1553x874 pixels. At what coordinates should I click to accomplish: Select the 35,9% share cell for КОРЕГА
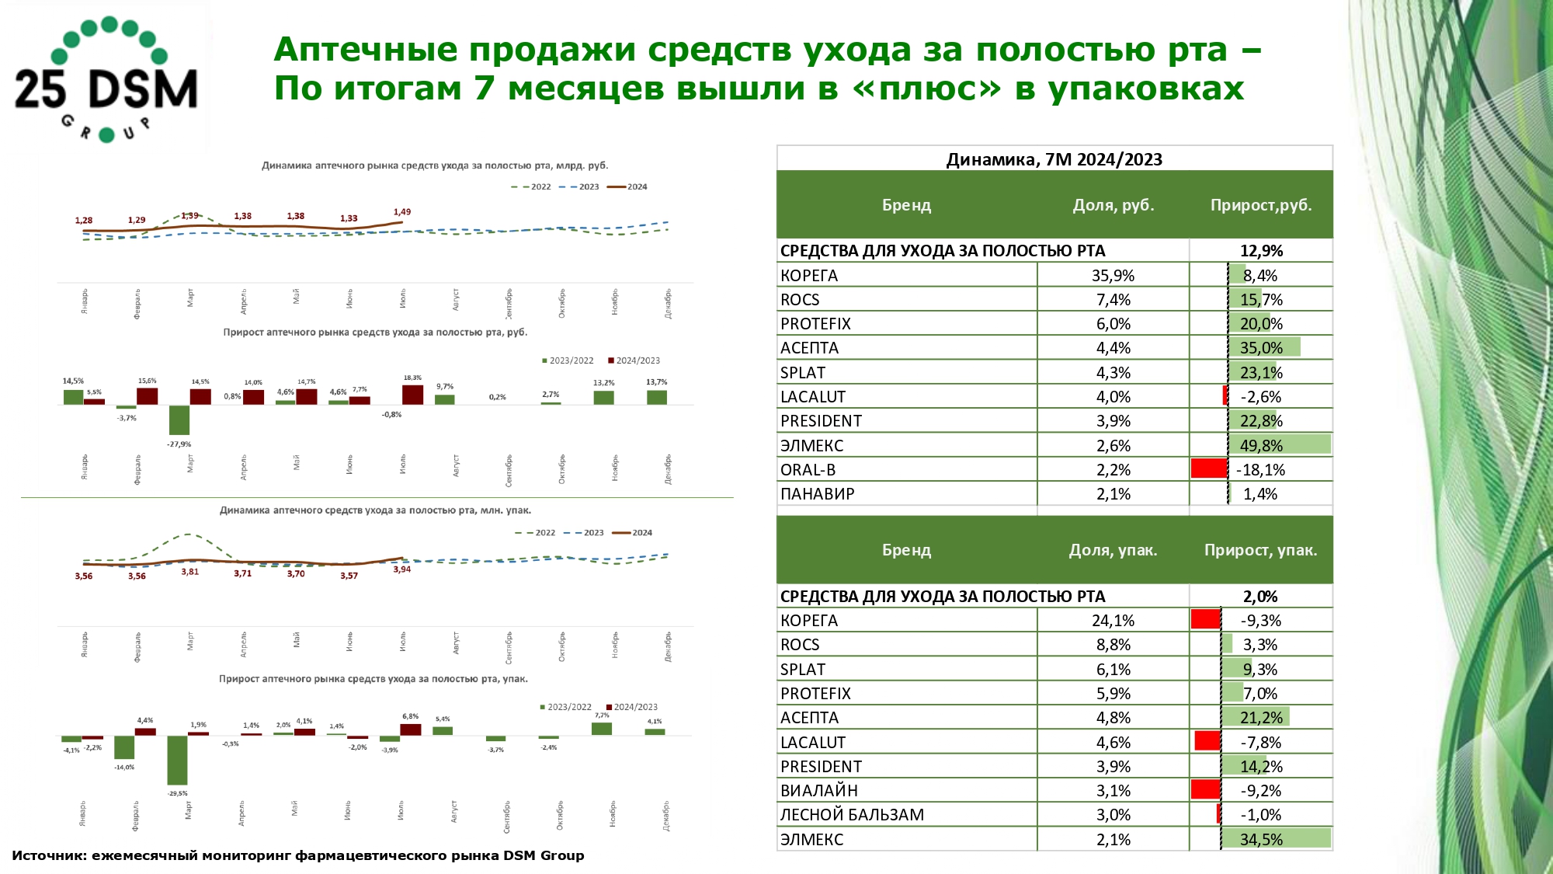pos(1113,276)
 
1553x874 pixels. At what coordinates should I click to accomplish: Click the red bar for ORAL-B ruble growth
pos(1209,468)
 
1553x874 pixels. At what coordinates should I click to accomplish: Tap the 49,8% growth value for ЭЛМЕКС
pos(1260,445)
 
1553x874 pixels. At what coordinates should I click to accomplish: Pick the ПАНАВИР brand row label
pos(817,494)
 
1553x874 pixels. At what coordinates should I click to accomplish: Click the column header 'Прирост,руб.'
pos(1260,205)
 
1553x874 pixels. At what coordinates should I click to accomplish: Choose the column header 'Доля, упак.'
pos(1113,550)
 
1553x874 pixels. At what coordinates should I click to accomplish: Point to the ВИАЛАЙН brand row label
pos(818,791)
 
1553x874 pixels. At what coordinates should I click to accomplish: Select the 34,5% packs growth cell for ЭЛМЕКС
pos(1260,839)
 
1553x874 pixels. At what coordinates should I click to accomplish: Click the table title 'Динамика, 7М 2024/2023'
pos(1054,159)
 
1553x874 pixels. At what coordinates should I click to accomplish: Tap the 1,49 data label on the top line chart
pos(402,212)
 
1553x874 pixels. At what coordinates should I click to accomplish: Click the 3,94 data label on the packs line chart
pos(402,569)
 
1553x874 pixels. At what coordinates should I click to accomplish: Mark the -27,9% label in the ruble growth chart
pos(179,444)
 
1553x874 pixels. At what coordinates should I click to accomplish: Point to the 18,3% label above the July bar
pos(412,378)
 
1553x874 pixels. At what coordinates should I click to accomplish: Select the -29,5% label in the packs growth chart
pos(177,793)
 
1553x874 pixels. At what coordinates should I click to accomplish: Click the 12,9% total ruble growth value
pos(1261,251)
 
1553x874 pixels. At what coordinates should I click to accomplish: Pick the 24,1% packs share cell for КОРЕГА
pos(1113,621)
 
